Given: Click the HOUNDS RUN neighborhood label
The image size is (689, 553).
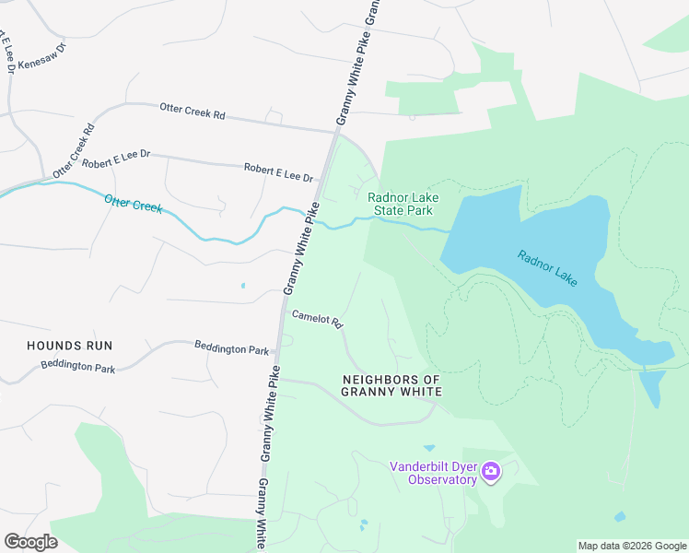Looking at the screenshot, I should (x=69, y=346).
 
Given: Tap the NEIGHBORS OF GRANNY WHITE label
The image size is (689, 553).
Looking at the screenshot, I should (x=391, y=385).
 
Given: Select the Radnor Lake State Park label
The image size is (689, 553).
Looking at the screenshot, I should (x=403, y=204).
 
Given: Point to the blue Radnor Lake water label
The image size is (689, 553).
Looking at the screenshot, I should (x=547, y=267).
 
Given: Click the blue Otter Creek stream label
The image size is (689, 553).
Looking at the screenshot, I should (x=134, y=203).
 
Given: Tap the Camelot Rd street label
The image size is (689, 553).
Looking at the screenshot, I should (x=318, y=319).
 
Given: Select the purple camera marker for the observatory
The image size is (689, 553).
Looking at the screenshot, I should (x=491, y=473).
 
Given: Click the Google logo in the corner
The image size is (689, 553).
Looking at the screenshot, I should (x=30, y=541).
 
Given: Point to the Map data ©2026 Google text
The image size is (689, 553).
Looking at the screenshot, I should (x=632, y=546).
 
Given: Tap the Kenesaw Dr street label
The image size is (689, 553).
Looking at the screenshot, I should (x=42, y=56).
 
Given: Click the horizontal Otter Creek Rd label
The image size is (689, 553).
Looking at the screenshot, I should (x=193, y=112).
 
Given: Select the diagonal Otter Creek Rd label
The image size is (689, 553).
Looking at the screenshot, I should (x=75, y=150).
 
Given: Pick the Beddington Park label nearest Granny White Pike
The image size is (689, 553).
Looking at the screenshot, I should (x=231, y=348).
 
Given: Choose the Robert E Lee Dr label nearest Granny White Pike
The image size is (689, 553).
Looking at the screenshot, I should (x=278, y=171).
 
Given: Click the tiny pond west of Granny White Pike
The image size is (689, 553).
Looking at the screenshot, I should (x=243, y=286).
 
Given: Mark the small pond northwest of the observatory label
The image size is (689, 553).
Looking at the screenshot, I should (x=429, y=448).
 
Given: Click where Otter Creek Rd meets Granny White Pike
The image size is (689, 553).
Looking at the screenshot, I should (x=334, y=131).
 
